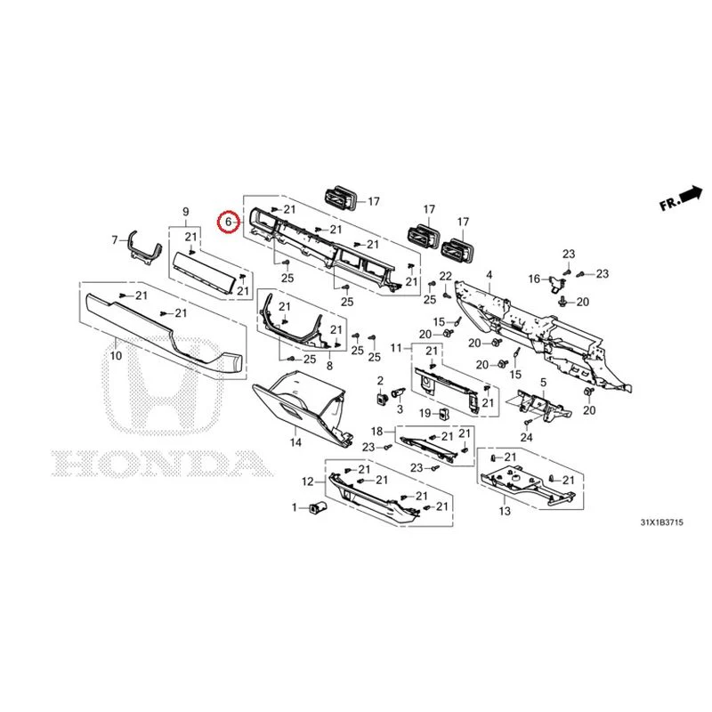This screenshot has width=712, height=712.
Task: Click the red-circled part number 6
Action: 228,222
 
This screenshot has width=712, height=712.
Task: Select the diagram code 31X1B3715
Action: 661,522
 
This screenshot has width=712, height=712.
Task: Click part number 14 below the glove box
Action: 295,441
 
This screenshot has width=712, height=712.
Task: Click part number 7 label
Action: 115,239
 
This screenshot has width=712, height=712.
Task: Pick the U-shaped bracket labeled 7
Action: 145,248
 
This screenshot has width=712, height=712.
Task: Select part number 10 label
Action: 117,355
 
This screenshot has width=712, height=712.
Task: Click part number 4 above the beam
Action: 489,275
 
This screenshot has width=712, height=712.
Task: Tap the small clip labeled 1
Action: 318,507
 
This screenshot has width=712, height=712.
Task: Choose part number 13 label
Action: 505,511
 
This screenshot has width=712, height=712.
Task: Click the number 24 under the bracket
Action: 526,437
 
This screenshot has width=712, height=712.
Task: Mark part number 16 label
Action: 535,279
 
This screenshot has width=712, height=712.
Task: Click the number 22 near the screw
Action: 446,276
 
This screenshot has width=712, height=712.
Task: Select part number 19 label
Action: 425,413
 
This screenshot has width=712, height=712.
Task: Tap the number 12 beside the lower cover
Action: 308,481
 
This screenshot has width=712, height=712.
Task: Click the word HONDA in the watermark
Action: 162,464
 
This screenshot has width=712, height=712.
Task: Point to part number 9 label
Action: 185,212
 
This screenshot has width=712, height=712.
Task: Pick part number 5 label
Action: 544,383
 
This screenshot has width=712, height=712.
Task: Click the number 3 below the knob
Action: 400,409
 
